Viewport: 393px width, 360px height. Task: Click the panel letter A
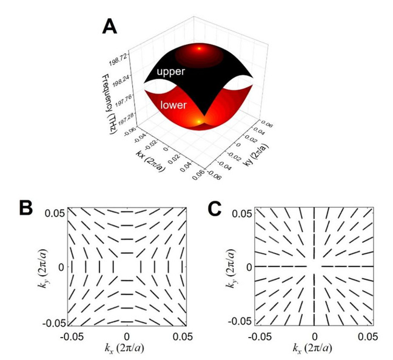click(110, 27)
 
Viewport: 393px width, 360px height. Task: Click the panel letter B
click(26, 208)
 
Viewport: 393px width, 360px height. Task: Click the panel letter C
click(215, 208)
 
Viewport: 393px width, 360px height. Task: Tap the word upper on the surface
click(170, 72)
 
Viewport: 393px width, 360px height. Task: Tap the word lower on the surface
click(173, 105)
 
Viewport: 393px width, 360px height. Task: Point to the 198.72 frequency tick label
click(118, 59)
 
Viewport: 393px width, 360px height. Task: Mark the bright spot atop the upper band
click(200, 48)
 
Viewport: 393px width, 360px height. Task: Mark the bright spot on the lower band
click(199, 122)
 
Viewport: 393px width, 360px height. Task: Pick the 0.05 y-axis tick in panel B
click(55, 213)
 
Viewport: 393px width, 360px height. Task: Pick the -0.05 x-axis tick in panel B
click(72, 337)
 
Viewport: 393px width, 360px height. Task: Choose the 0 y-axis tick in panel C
click(249, 267)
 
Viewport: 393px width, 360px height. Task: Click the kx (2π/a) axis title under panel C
click(312, 348)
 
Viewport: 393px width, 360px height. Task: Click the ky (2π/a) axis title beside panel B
click(43, 268)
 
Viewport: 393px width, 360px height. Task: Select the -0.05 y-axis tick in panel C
click(241, 321)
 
